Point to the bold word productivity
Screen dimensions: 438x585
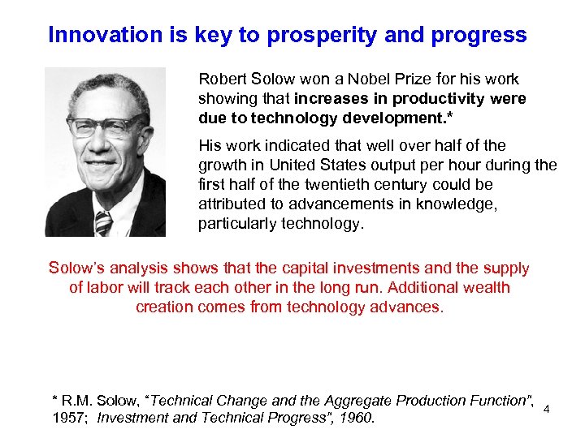[439, 98]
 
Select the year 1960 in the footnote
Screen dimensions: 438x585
[356, 419]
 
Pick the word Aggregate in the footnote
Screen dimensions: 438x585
[355, 400]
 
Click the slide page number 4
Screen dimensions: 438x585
[547, 410]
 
